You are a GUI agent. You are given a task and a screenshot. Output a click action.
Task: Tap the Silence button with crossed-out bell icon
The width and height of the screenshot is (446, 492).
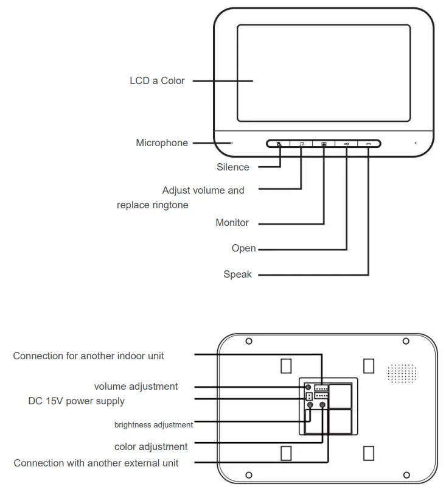tap(279, 144)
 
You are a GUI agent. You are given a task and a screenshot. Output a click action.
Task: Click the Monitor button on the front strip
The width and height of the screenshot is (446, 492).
tap(324, 144)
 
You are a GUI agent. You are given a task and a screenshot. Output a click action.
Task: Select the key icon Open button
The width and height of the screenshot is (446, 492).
tap(346, 144)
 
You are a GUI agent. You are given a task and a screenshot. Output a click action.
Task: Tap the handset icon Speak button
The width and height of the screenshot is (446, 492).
tap(369, 144)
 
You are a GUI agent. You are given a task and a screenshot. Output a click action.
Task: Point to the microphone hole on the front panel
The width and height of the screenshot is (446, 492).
tap(232, 143)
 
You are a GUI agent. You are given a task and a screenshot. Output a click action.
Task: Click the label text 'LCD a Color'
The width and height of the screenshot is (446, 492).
tap(157, 80)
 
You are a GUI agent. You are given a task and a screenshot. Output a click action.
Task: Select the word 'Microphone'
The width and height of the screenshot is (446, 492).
tap(162, 143)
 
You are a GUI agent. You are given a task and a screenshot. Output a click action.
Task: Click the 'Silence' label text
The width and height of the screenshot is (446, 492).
tap(232, 167)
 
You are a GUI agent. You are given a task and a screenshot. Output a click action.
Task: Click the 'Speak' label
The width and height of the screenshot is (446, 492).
tap(237, 275)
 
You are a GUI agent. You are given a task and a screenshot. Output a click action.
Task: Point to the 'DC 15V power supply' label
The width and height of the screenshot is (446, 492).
tap(76, 401)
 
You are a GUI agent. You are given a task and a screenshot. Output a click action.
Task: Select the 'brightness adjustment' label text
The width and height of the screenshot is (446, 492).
tap(153, 424)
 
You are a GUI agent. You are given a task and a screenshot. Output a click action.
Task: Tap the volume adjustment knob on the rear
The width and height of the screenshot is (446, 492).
tap(308, 387)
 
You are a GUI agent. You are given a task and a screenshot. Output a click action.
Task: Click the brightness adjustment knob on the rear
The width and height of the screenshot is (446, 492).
tap(310, 405)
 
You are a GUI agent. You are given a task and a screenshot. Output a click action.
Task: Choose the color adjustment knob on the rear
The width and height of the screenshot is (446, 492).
tap(322, 405)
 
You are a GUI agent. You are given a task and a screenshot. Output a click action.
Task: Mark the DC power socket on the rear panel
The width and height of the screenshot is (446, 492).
tap(308, 396)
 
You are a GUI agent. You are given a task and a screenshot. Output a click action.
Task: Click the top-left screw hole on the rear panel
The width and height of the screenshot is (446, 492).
tap(249, 341)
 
